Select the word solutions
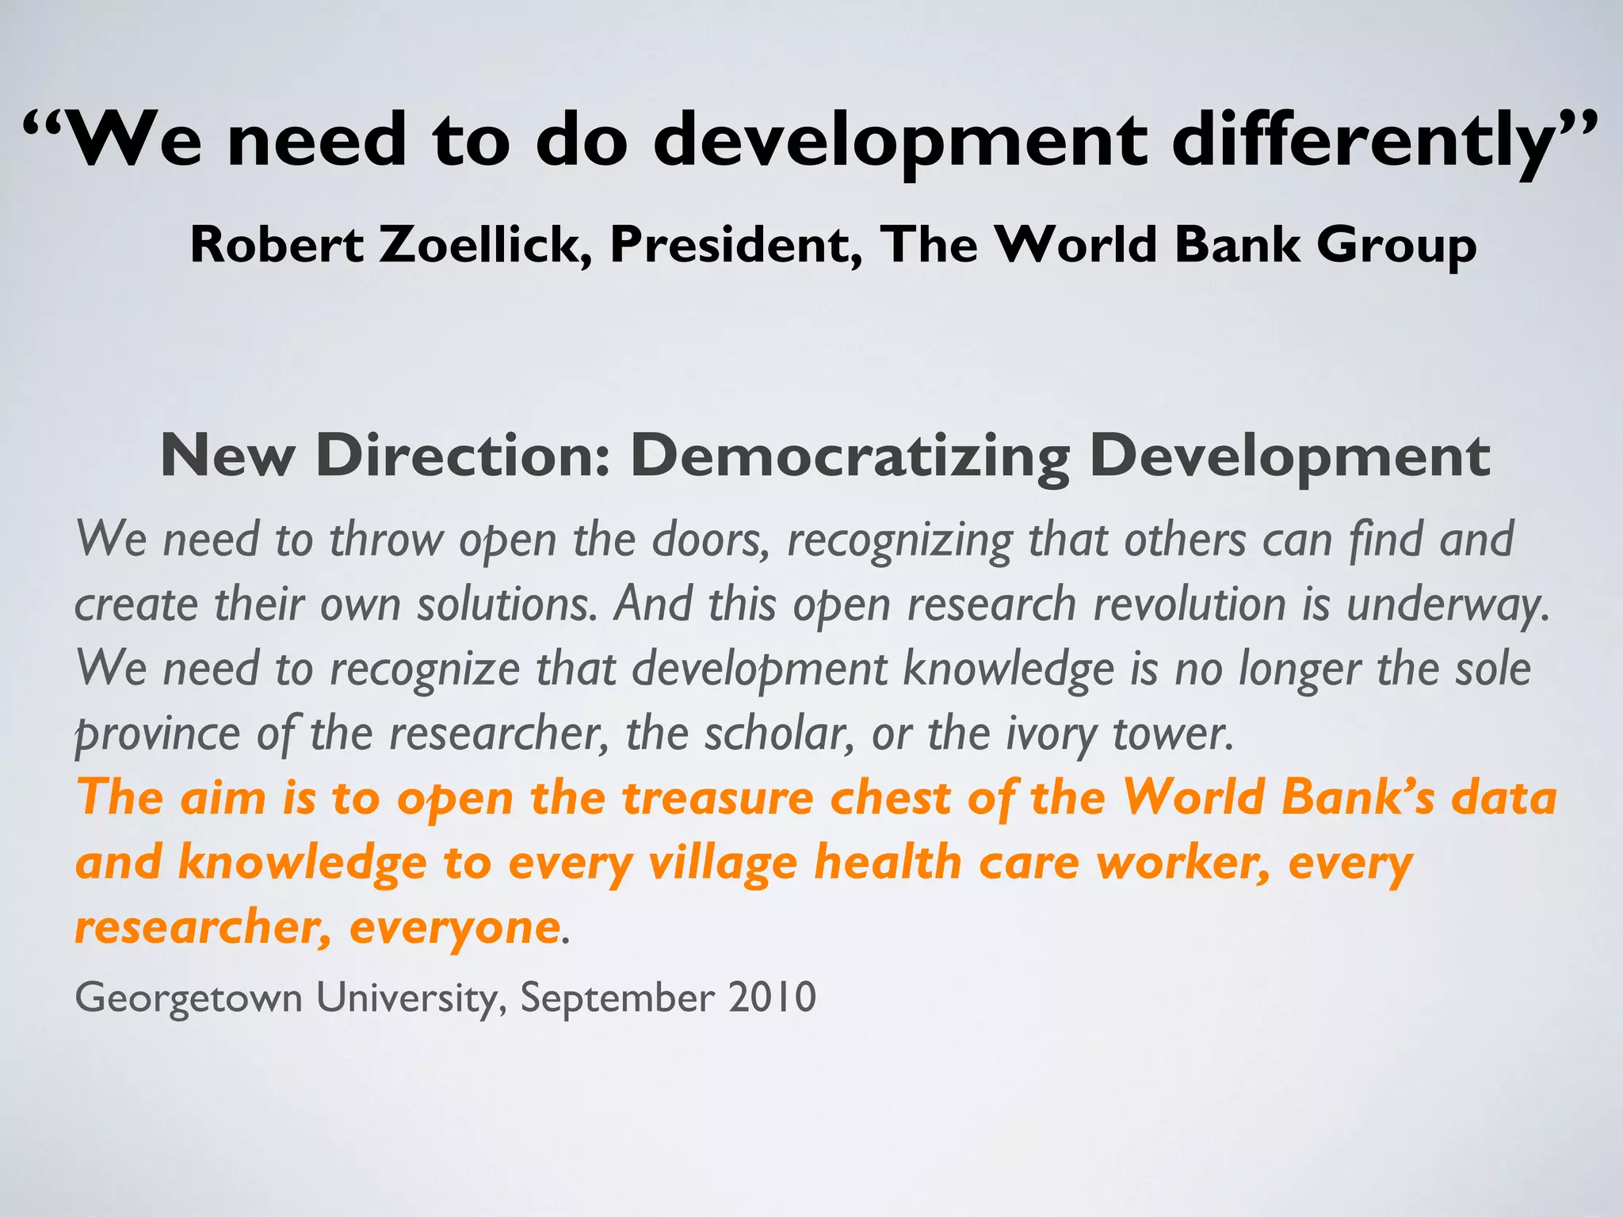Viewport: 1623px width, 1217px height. pos(507,605)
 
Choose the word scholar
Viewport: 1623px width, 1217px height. pos(780,734)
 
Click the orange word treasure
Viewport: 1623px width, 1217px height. pos(718,798)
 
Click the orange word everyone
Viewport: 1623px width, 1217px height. pos(455,928)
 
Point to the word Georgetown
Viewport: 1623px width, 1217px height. pos(189,998)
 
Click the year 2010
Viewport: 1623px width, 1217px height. pos(772,997)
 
